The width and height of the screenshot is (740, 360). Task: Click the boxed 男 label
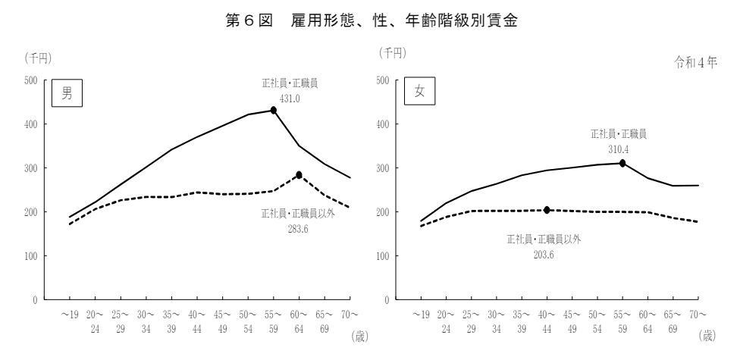click(x=67, y=95)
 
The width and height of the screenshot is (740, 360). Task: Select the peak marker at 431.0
click(x=274, y=110)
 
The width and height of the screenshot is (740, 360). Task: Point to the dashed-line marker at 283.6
click(x=299, y=175)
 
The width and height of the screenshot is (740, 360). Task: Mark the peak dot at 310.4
click(x=622, y=163)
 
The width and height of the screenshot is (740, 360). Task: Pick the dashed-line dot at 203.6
click(x=547, y=210)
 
